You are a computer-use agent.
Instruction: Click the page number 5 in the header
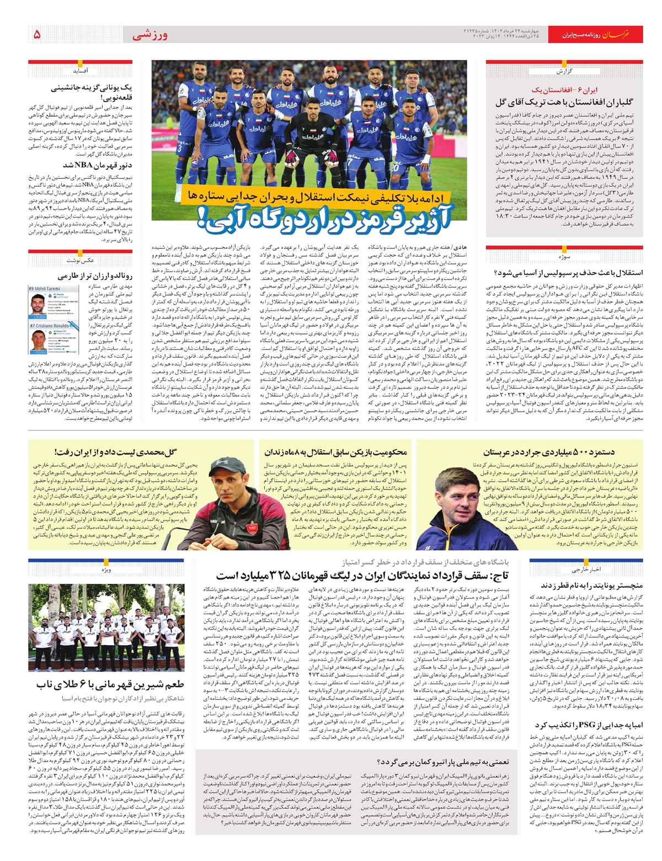(37, 35)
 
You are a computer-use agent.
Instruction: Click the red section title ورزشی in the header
(150, 36)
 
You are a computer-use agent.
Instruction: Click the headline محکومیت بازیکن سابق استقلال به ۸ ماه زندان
(335, 452)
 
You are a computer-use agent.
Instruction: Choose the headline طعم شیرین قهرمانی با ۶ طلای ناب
(110, 684)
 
